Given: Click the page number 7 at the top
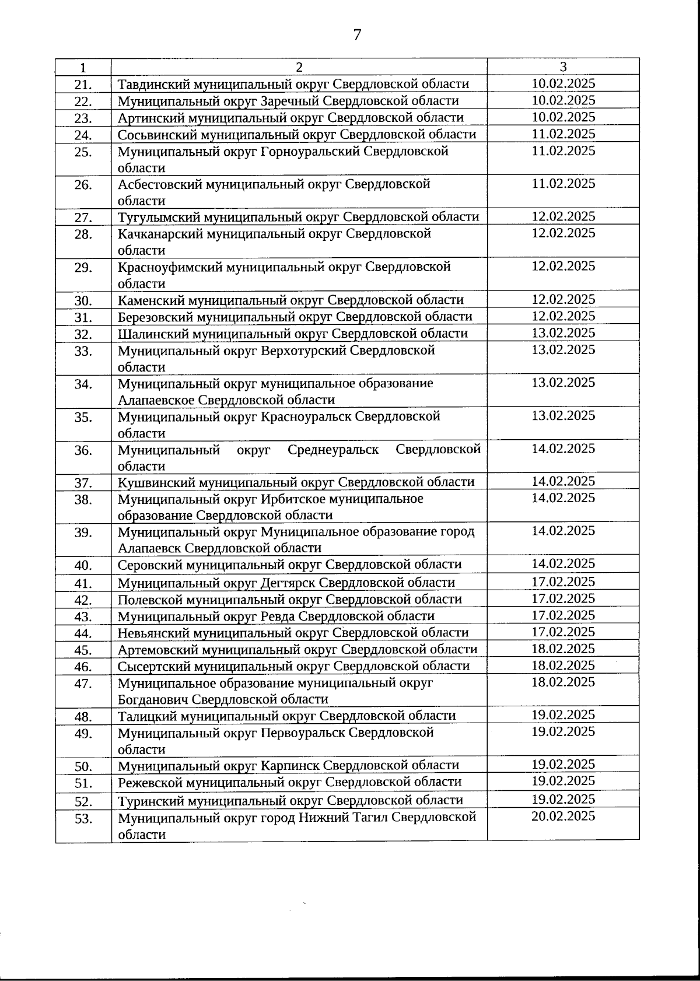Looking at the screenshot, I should (x=357, y=34).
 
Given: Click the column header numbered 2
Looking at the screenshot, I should (x=299, y=67).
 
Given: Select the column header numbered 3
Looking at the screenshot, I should (x=563, y=66).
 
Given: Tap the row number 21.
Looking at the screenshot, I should (x=83, y=85).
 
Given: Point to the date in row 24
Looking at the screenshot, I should (x=563, y=134).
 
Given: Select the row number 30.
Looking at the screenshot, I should (x=83, y=302).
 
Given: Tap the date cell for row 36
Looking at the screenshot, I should (x=563, y=449).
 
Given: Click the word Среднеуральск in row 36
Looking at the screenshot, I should (x=333, y=450).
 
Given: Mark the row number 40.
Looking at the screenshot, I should (x=83, y=566).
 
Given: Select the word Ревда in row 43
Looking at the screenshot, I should (x=278, y=616).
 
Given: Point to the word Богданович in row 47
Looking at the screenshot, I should (x=153, y=699).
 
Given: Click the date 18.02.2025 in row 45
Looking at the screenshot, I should (x=563, y=649).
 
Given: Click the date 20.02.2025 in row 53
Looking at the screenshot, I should (x=563, y=816).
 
